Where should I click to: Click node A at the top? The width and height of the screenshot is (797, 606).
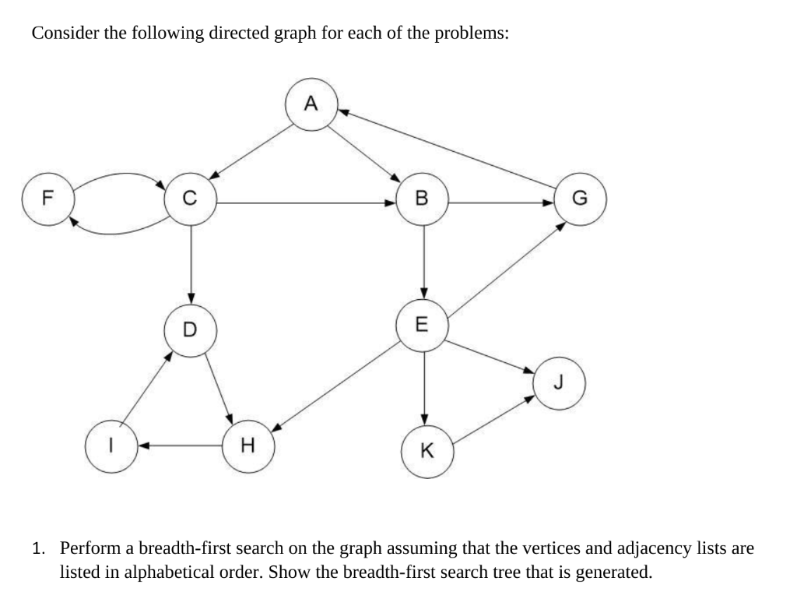(x=311, y=104)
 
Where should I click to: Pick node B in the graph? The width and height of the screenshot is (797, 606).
(x=423, y=201)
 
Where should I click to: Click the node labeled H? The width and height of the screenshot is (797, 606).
(x=248, y=446)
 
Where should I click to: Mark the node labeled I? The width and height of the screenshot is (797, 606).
(x=111, y=446)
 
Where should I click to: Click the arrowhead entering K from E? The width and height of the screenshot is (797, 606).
(x=423, y=419)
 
